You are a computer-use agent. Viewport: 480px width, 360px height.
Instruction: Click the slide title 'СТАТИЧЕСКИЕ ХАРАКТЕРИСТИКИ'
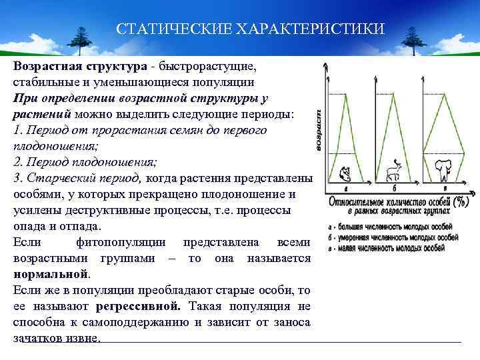point(250,29)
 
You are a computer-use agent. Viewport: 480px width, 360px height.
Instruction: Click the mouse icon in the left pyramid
point(345,173)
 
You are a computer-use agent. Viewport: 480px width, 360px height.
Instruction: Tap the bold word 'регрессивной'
point(137,307)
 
